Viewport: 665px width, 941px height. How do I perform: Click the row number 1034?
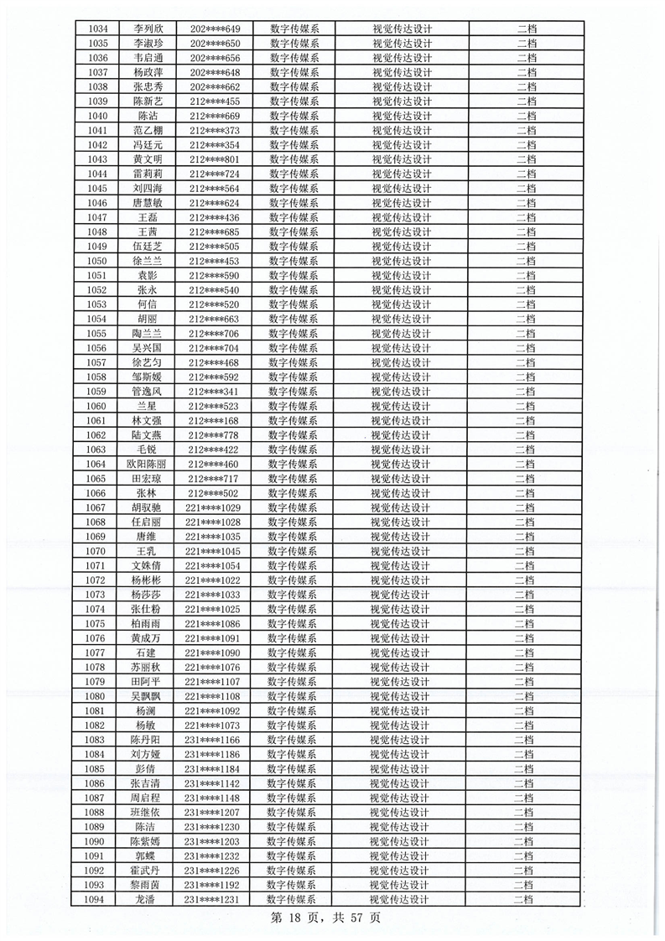click(98, 29)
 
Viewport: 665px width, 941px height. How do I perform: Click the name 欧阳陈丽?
click(147, 465)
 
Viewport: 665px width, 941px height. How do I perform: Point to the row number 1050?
click(97, 261)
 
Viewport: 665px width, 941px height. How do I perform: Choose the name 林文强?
click(147, 421)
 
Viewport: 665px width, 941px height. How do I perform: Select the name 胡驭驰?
click(147, 508)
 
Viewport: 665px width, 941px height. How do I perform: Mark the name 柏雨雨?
click(146, 624)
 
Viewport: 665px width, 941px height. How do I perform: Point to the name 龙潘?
click(146, 900)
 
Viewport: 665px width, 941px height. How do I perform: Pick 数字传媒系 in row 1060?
click(294, 406)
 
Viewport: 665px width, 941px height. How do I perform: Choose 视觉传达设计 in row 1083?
click(399, 741)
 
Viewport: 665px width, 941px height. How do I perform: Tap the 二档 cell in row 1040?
click(527, 116)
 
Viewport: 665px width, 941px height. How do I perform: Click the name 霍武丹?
click(146, 871)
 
